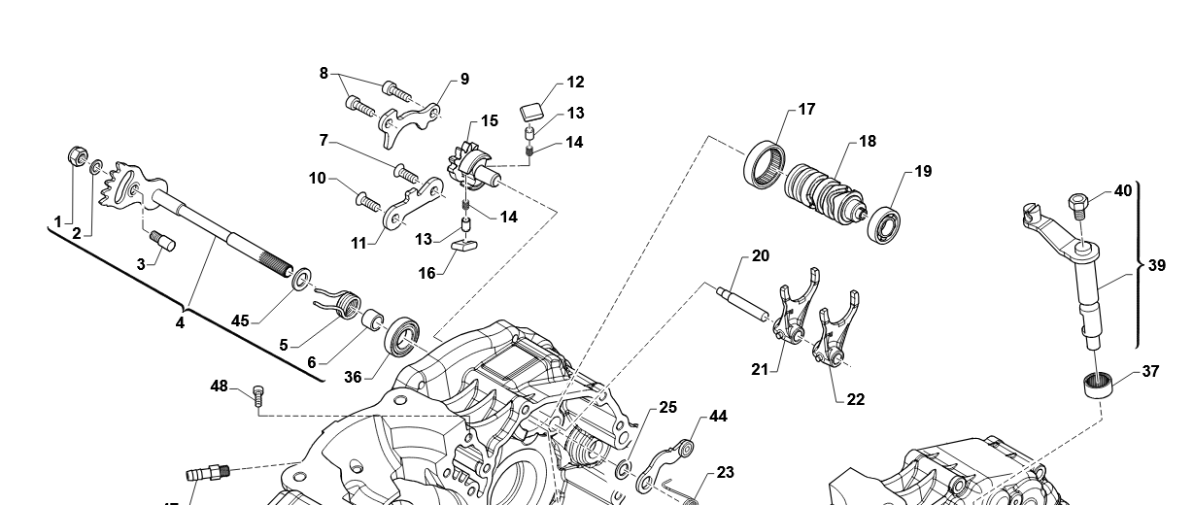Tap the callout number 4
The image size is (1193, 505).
click(x=180, y=322)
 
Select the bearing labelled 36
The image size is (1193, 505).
click(x=402, y=339)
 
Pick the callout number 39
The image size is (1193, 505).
click(x=1156, y=265)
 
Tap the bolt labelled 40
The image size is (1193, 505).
click(x=1078, y=205)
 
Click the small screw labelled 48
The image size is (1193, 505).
click(x=258, y=395)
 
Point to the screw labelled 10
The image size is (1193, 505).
click(x=368, y=201)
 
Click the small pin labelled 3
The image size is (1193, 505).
click(x=161, y=240)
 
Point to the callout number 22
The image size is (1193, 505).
click(x=855, y=399)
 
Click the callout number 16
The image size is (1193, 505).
click(x=427, y=274)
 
